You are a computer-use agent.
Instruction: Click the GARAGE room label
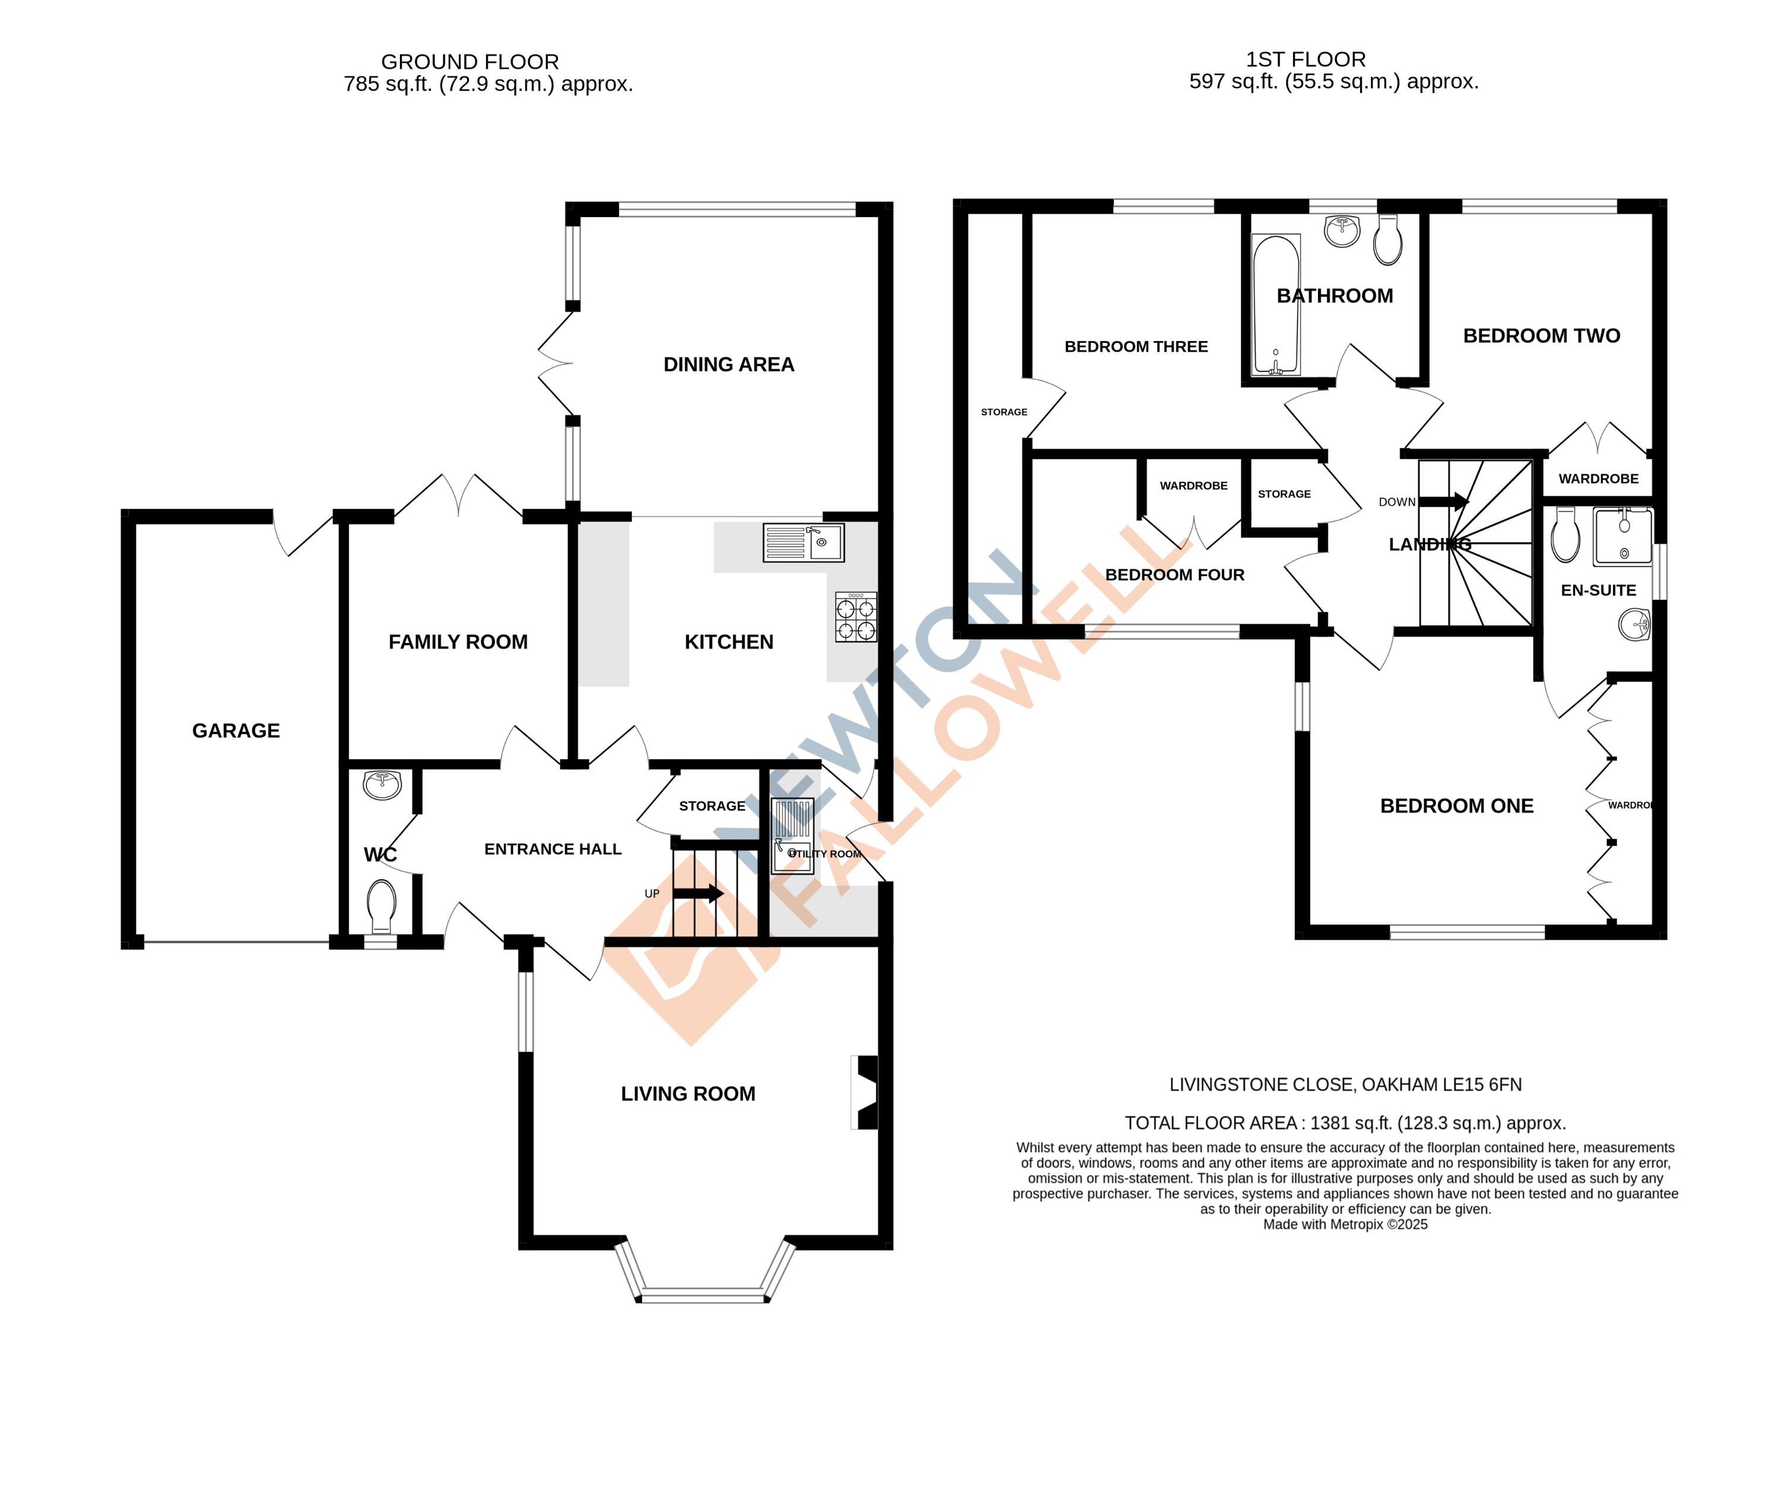point(236,730)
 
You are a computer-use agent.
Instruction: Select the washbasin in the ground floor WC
point(382,784)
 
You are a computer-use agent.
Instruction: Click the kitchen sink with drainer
point(803,542)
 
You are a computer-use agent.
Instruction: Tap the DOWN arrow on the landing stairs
point(1444,501)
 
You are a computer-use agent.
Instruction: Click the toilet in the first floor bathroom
point(1388,240)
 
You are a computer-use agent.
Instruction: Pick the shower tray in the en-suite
point(1623,536)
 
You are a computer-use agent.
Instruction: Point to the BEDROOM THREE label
point(1136,346)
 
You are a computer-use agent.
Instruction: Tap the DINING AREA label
point(729,364)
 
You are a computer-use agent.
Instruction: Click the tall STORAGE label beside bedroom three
point(1004,412)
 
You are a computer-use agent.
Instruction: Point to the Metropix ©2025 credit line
point(1345,1224)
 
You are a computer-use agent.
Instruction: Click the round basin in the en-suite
point(1634,625)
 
